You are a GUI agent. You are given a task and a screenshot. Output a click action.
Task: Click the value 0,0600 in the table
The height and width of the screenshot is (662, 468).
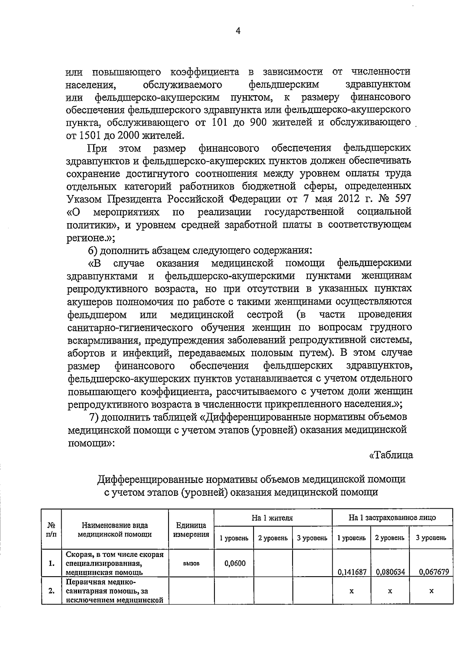[x=235, y=563]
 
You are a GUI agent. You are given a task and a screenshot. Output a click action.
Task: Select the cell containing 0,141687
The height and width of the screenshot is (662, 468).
[x=351, y=572]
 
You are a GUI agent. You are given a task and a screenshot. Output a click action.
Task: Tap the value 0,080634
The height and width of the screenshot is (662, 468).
[x=390, y=572]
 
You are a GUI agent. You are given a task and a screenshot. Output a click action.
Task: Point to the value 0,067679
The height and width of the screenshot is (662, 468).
[x=433, y=572]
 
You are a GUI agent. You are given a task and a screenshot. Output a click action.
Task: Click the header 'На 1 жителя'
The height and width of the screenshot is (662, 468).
[x=272, y=518]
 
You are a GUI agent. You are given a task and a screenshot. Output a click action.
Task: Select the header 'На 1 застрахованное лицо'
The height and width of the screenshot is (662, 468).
[x=392, y=518]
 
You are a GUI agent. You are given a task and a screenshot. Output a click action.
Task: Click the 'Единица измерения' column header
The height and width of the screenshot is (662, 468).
[x=191, y=530]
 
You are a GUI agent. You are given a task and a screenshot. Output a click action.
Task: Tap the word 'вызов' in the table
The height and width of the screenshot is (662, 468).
[x=191, y=563]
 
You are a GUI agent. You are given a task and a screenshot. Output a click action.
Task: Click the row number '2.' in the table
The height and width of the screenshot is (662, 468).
[x=51, y=591]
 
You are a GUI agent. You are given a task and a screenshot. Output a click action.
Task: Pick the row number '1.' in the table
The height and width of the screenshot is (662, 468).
[x=51, y=563]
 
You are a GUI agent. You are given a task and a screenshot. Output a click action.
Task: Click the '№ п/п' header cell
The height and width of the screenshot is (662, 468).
[x=51, y=530]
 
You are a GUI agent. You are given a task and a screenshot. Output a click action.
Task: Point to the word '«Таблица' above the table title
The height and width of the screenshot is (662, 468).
[x=391, y=455]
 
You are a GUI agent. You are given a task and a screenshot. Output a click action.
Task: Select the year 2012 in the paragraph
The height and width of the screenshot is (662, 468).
[x=340, y=199]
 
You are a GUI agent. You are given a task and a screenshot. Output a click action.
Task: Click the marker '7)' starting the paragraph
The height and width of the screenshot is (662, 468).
[x=96, y=417]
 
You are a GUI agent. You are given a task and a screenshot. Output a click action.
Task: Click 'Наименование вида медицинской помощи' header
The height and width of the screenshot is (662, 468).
[x=115, y=530]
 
